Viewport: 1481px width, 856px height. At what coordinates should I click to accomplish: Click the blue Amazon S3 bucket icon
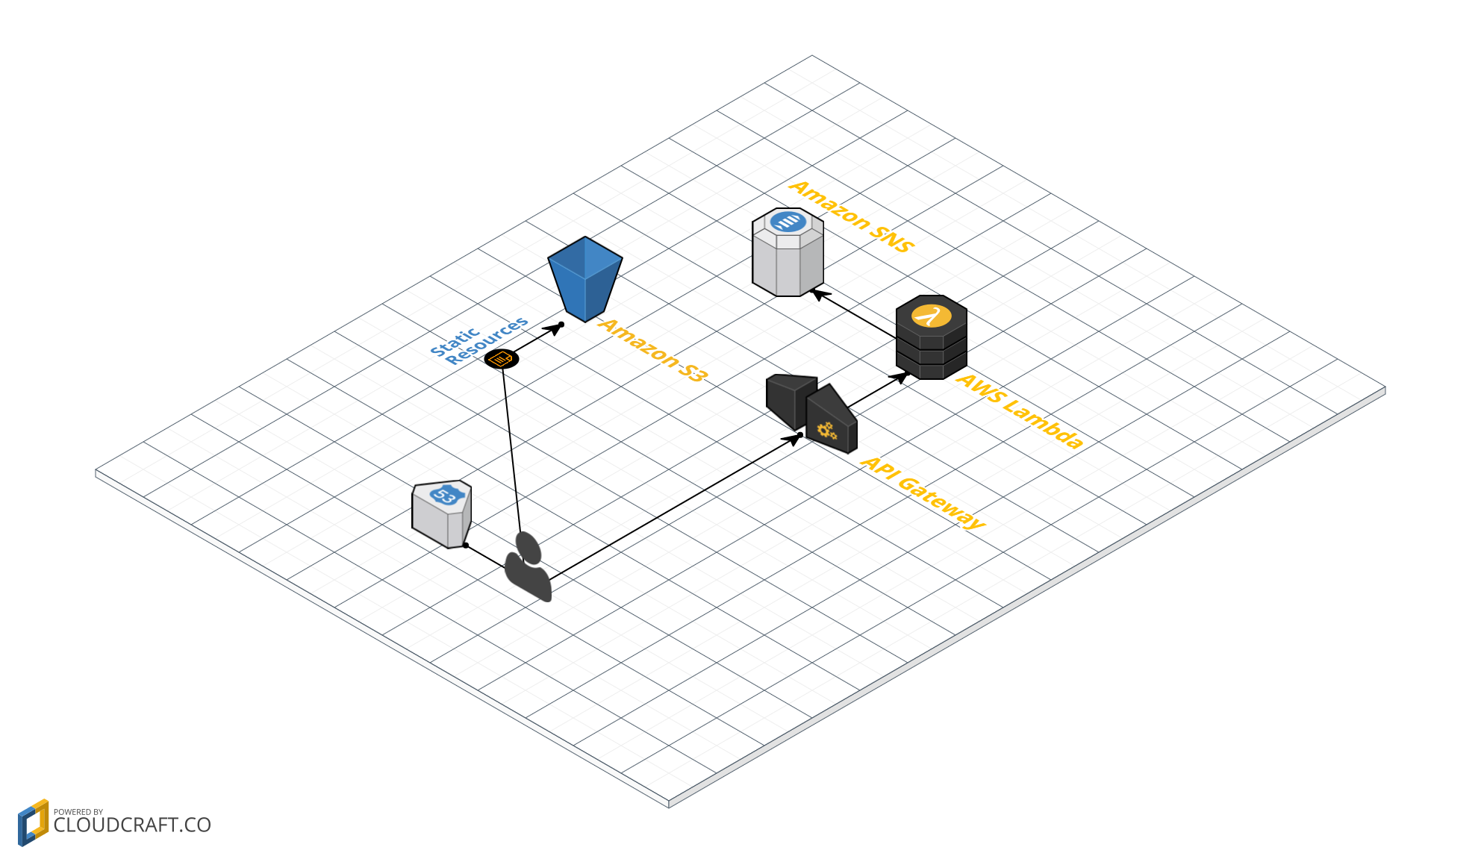pyautogui.click(x=585, y=279)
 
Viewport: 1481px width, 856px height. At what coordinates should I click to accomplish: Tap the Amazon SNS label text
pyautogui.click(x=852, y=216)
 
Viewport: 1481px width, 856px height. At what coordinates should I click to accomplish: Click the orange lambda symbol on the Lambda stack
pyautogui.click(x=931, y=316)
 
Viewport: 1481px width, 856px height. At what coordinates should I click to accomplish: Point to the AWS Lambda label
pyautogui.click(x=1020, y=411)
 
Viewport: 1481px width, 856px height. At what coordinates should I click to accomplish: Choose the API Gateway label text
pyautogui.click(x=923, y=493)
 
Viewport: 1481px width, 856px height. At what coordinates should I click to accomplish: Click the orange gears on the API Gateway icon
pyautogui.click(x=826, y=431)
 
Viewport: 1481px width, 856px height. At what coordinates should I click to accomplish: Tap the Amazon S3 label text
pyautogui.click(x=652, y=349)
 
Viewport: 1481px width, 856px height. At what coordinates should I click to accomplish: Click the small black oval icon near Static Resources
pyautogui.click(x=502, y=359)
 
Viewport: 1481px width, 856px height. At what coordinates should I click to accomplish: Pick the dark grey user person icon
pyautogui.click(x=529, y=566)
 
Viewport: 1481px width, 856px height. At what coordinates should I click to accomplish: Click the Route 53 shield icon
pyautogui.click(x=442, y=513)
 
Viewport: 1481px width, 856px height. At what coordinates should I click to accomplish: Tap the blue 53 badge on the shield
pyautogui.click(x=446, y=495)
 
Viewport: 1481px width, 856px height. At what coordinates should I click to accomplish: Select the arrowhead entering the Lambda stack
pyautogui.click(x=902, y=376)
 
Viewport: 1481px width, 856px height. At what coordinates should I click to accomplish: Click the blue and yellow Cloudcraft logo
pyautogui.click(x=33, y=822)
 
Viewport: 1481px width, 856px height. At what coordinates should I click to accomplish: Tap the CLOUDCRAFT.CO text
pyautogui.click(x=132, y=825)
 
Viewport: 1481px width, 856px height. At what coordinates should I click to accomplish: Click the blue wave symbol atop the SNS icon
pyautogui.click(x=788, y=222)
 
